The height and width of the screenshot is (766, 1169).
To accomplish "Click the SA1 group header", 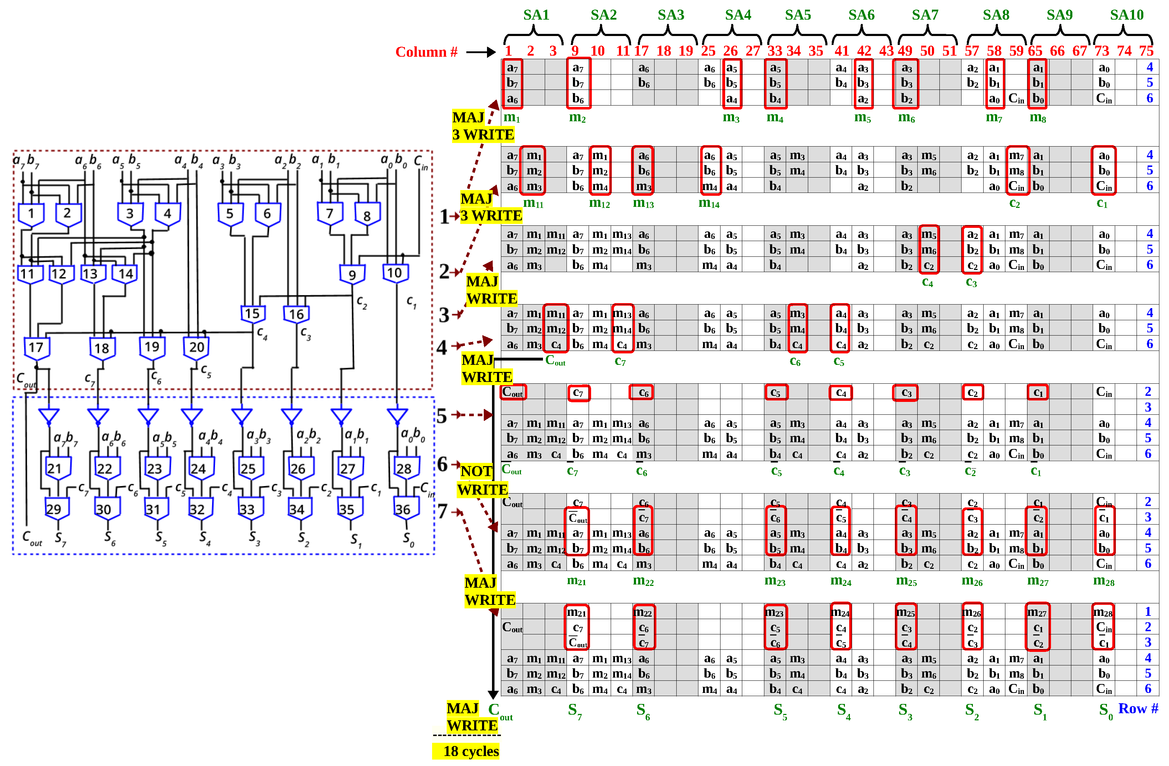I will [536, 15].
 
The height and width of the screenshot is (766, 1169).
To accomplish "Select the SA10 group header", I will [1126, 15].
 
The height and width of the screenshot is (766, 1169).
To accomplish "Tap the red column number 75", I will [1146, 51].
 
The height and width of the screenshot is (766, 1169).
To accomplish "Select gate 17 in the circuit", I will [36, 348].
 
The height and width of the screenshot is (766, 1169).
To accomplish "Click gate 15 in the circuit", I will [252, 314].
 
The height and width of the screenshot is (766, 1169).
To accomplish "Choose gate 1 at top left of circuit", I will [31, 214].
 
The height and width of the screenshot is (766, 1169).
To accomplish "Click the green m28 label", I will [1103, 581].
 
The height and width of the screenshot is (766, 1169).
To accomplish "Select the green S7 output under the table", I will [574, 710].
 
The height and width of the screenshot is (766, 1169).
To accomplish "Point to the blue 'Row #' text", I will [1138, 709].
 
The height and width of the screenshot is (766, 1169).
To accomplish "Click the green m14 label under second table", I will [708, 203].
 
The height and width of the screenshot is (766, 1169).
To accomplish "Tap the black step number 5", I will [442, 416].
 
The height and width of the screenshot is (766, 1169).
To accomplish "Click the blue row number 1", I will [1148, 612].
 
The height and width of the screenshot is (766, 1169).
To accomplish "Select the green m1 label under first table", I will [511, 117].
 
